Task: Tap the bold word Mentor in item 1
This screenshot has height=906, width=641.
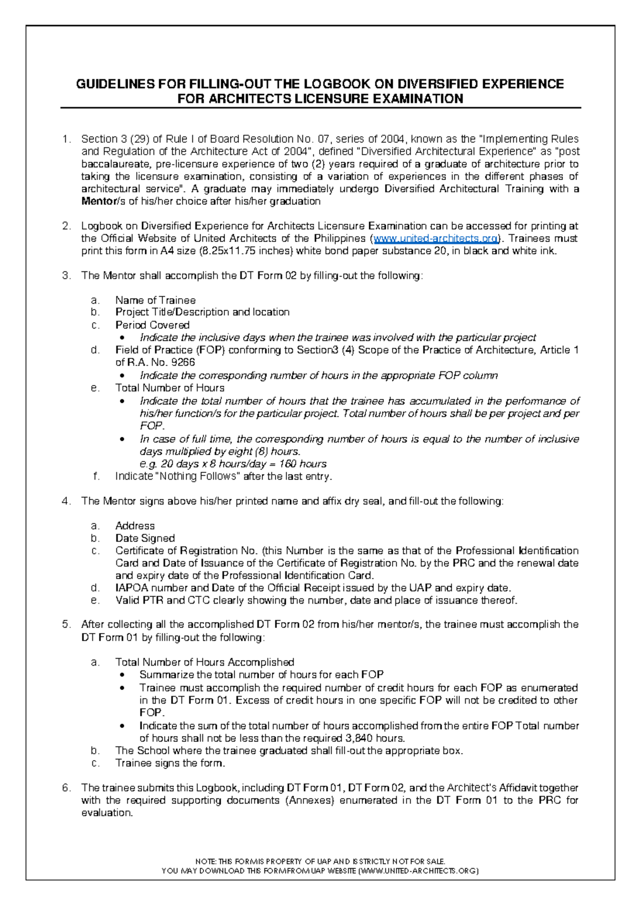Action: tap(98, 201)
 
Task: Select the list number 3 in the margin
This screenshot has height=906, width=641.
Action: tap(66, 276)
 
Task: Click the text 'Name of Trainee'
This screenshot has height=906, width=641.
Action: tap(155, 300)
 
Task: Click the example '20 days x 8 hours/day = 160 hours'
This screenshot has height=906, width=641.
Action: tap(233, 464)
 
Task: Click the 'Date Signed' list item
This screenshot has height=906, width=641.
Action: tap(145, 538)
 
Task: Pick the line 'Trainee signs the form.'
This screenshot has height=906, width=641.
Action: tap(170, 763)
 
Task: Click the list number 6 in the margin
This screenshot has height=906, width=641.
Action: tap(66, 788)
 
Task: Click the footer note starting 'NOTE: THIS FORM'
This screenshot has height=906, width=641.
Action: tap(320, 861)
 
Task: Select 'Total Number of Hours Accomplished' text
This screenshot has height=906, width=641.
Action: tap(205, 662)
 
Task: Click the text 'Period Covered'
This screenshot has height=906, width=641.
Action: tap(152, 325)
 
